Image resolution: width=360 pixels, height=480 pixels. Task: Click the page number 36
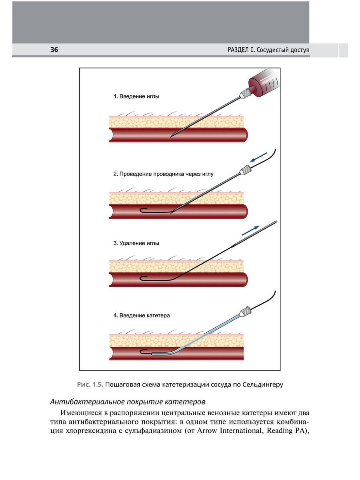pos(54,50)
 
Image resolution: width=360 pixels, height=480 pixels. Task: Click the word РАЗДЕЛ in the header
pos(240,50)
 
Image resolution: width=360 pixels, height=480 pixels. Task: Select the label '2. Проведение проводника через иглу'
pos(164,174)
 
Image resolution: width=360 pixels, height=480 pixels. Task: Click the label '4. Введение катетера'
pos(142,315)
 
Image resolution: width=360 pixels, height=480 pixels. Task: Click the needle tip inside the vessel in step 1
pos(172,136)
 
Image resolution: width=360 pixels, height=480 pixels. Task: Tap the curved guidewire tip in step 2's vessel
pos(142,210)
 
